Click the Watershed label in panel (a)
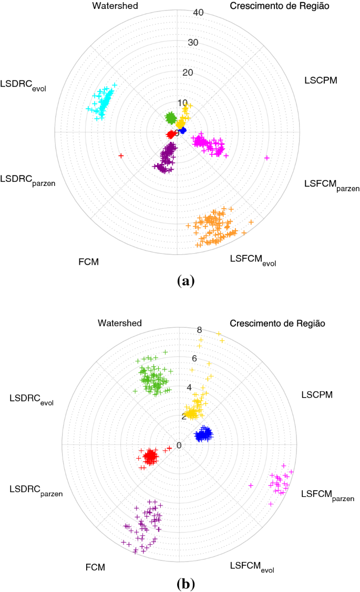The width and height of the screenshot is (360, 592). pos(115,6)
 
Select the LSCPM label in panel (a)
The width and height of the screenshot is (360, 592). pos(321,80)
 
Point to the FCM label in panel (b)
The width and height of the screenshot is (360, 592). pos(95,567)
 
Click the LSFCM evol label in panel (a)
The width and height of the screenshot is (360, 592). pos(253,259)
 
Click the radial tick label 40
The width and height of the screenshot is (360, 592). pos(198,13)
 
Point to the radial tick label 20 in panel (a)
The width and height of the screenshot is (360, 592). pos(188,72)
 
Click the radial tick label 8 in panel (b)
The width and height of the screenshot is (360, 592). pos(200,330)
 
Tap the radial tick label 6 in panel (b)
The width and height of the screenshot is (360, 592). pos(194,359)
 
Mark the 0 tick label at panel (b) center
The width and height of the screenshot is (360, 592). pos(179,445)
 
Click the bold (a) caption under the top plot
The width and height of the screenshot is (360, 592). pos(186,281)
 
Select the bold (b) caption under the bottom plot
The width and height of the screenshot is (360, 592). pos(186,583)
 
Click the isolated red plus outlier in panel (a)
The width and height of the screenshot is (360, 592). pos(121,155)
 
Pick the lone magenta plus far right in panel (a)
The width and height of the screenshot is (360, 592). pos(266,158)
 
